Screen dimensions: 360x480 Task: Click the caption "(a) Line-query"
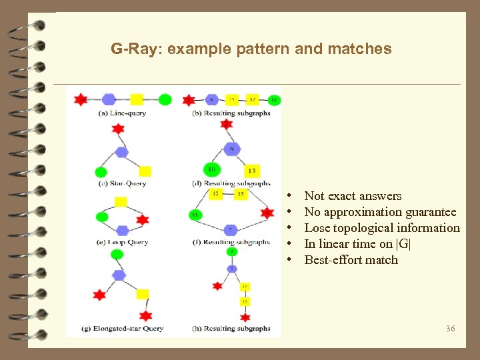point(122,113)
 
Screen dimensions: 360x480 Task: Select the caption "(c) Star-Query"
point(122,183)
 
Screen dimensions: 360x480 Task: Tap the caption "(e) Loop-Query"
point(122,243)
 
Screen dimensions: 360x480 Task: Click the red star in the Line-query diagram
point(81,99)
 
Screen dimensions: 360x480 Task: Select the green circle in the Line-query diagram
point(165,99)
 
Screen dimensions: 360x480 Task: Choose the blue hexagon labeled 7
point(230,230)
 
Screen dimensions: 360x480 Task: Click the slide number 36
point(450,328)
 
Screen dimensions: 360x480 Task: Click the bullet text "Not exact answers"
point(353,196)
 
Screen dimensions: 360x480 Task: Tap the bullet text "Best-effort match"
point(351,260)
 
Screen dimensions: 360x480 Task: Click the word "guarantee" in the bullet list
point(431,212)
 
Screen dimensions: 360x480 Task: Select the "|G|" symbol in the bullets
point(405,244)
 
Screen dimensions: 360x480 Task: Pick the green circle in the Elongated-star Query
point(117,254)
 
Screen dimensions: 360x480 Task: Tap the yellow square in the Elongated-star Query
point(142,294)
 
